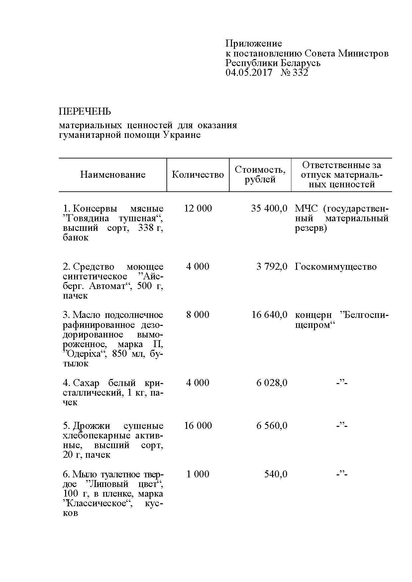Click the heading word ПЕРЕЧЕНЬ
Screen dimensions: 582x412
point(85,111)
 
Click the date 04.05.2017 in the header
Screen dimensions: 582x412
point(249,72)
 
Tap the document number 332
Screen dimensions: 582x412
point(300,72)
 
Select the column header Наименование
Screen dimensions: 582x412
point(113,175)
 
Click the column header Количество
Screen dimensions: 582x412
point(198,175)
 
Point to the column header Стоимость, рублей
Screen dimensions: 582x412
point(260,175)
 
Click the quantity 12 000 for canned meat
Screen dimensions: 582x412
point(198,209)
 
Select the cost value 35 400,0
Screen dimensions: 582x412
point(269,209)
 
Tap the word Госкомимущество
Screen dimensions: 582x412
point(336,267)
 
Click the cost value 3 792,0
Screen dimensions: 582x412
point(272,267)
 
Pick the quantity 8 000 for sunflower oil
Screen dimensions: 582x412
point(198,315)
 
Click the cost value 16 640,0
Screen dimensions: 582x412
point(269,315)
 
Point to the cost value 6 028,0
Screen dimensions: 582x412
point(272,383)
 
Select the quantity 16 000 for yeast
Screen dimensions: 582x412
point(198,426)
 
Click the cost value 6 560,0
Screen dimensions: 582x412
point(272,426)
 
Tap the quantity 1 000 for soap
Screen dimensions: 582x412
point(198,474)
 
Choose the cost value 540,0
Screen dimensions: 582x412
point(276,474)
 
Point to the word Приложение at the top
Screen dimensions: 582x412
point(254,44)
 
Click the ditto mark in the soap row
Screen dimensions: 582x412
point(342,474)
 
